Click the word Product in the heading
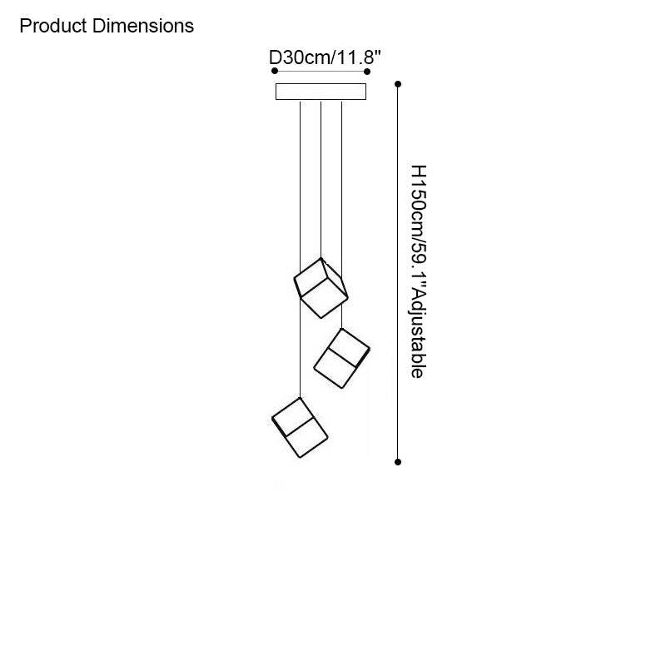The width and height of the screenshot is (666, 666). coord(53,26)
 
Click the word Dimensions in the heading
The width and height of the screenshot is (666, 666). coord(143,26)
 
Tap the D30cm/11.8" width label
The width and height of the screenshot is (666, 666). coord(325,57)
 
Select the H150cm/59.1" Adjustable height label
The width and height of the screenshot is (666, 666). coord(419,271)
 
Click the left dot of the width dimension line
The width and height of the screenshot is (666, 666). coord(275,71)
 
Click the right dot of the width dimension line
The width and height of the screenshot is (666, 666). coord(367,71)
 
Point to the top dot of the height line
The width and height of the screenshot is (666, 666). coord(398,84)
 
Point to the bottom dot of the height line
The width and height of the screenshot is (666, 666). coord(398,462)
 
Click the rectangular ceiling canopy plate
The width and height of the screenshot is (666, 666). coord(321,92)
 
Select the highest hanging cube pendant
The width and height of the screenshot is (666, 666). coord(321,288)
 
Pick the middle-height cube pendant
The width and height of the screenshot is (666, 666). coord(341,359)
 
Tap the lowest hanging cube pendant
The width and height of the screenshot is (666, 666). coord(300,428)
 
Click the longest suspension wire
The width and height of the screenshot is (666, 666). coord(301,249)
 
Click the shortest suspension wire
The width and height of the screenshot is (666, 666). coord(321,179)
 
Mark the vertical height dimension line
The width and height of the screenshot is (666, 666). coord(398,273)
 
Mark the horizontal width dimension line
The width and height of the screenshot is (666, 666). coord(321,71)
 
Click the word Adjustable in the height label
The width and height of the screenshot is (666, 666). coord(419,334)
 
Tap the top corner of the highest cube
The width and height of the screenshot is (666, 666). coord(321,258)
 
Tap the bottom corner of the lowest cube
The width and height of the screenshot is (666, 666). coord(301,457)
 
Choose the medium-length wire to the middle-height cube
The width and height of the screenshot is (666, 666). coord(342,215)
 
